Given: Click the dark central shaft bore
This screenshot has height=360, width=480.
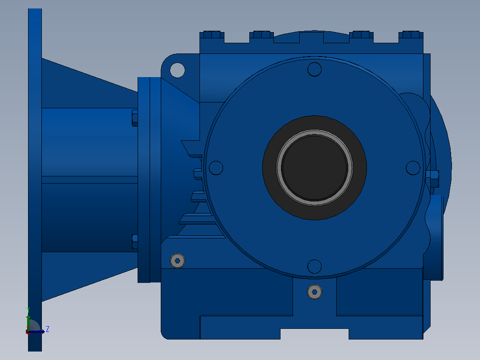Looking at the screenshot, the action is [314, 168].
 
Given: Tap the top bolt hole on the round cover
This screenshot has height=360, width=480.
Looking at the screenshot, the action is [314, 69].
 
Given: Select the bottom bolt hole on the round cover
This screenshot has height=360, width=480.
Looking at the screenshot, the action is [314, 266].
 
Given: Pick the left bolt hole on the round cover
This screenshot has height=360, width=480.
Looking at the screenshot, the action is [216, 168].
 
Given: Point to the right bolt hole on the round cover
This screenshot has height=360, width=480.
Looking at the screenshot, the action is [413, 168].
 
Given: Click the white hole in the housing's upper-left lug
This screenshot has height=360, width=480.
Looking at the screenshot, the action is [177, 70].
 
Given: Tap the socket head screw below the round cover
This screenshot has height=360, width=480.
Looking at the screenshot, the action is [314, 292].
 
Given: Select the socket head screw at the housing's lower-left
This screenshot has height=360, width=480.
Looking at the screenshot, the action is [177, 261].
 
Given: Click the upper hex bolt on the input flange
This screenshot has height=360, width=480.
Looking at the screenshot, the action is [134, 118].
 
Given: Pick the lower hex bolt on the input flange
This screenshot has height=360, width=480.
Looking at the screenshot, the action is [134, 242].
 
